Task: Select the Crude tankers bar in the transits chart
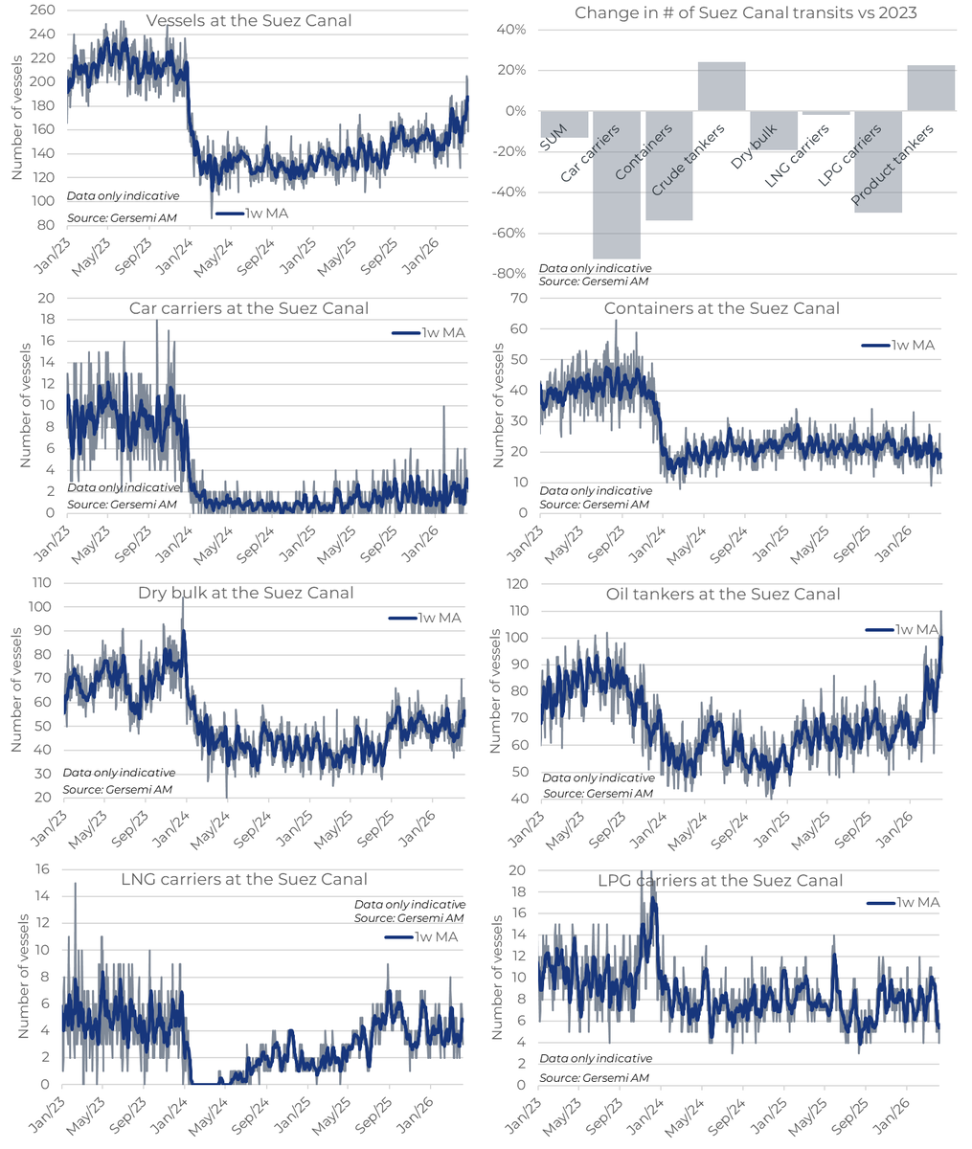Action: point(721,86)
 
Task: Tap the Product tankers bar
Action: point(930,88)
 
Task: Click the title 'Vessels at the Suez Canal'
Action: point(248,20)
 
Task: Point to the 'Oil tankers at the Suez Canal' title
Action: point(723,594)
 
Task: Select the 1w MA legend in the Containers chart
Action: point(897,345)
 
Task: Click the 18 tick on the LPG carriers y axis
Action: point(518,891)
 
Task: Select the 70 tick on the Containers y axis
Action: point(518,298)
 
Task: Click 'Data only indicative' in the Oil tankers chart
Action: point(598,778)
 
